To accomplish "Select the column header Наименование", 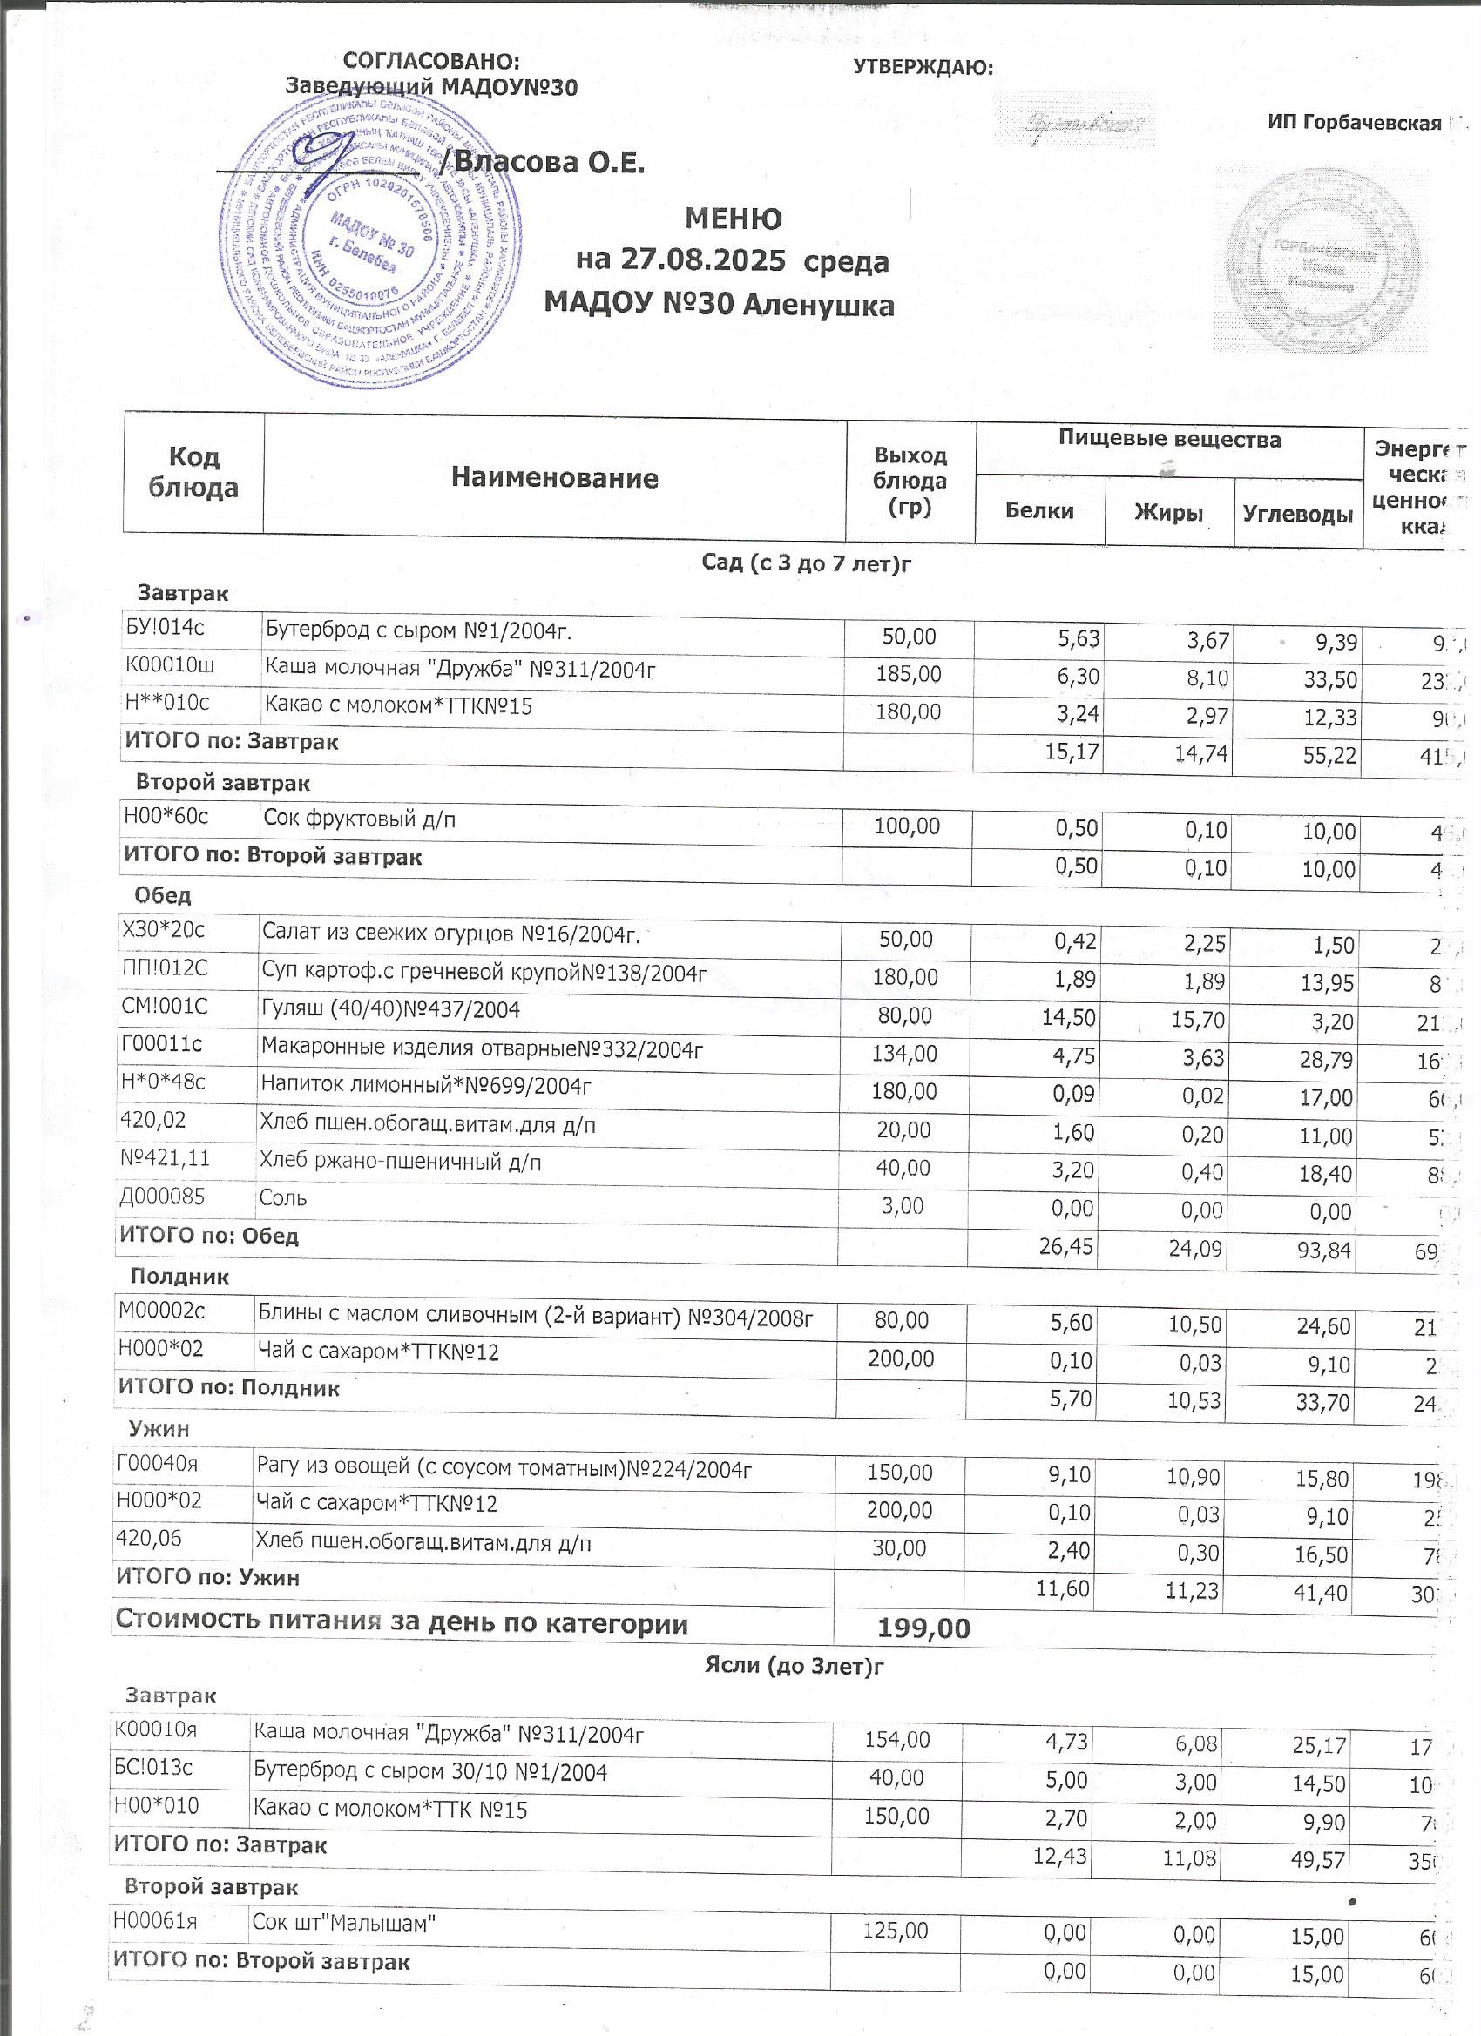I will pyautogui.click(x=554, y=477).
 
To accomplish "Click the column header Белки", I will pyautogui.click(x=1039, y=511).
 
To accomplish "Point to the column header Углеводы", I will pyautogui.click(x=1297, y=515).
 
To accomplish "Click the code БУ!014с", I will pyautogui.click(x=165, y=628).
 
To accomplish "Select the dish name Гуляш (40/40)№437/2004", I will pyautogui.click(x=390, y=1010).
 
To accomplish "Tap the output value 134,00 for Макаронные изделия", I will pyautogui.click(x=906, y=1053).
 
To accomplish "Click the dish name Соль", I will pyautogui.click(x=283, y=1198).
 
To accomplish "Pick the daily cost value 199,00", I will pyautogui.click(x=923, y=1628).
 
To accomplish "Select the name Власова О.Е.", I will pyautogui.click(x=550, y=163).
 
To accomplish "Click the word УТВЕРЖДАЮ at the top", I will pyautogui.click(x=923, y=67).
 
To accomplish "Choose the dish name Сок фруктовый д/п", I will pyautogui.click(x=359, y=818).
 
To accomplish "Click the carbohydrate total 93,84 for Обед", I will pyautogui.click(x=1324, y=1249).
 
